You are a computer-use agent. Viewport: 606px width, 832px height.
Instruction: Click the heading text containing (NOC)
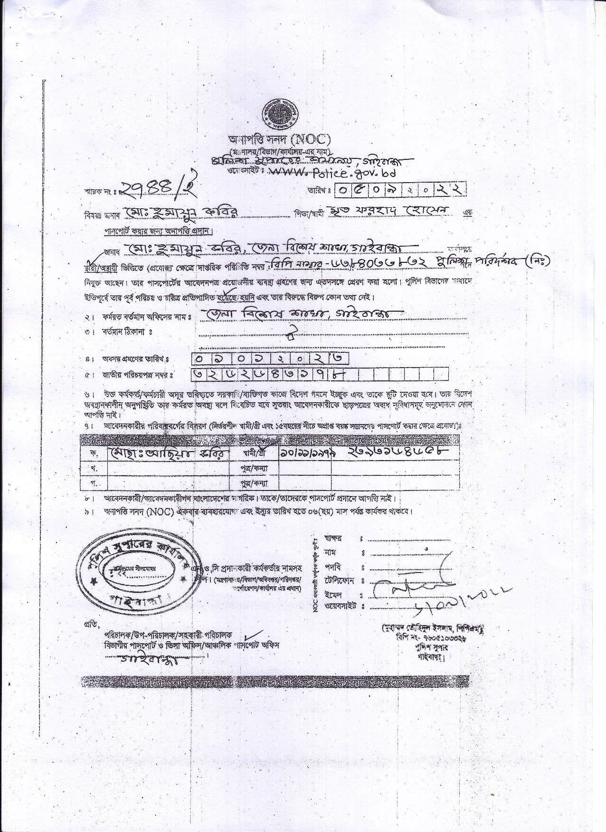coord(279,139)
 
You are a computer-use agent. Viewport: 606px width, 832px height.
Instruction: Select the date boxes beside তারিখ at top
coord(400,190)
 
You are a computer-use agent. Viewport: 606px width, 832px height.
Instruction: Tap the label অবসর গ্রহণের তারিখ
coord(135,360)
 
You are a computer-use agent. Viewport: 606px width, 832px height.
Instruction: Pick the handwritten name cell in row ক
coord(168,453)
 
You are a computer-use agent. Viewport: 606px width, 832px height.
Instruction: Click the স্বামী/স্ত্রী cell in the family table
coord(254,453)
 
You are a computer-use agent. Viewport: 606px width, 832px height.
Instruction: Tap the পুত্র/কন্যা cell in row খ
coord(255,468)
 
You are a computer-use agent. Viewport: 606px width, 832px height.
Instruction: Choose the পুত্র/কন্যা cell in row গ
coord(255,483)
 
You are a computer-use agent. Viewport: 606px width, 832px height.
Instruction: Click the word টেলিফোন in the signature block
coord(341,581)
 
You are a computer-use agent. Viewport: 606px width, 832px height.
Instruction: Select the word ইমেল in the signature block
coord(333,595)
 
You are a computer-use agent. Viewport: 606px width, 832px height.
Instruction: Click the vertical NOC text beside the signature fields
coord(315,576)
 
